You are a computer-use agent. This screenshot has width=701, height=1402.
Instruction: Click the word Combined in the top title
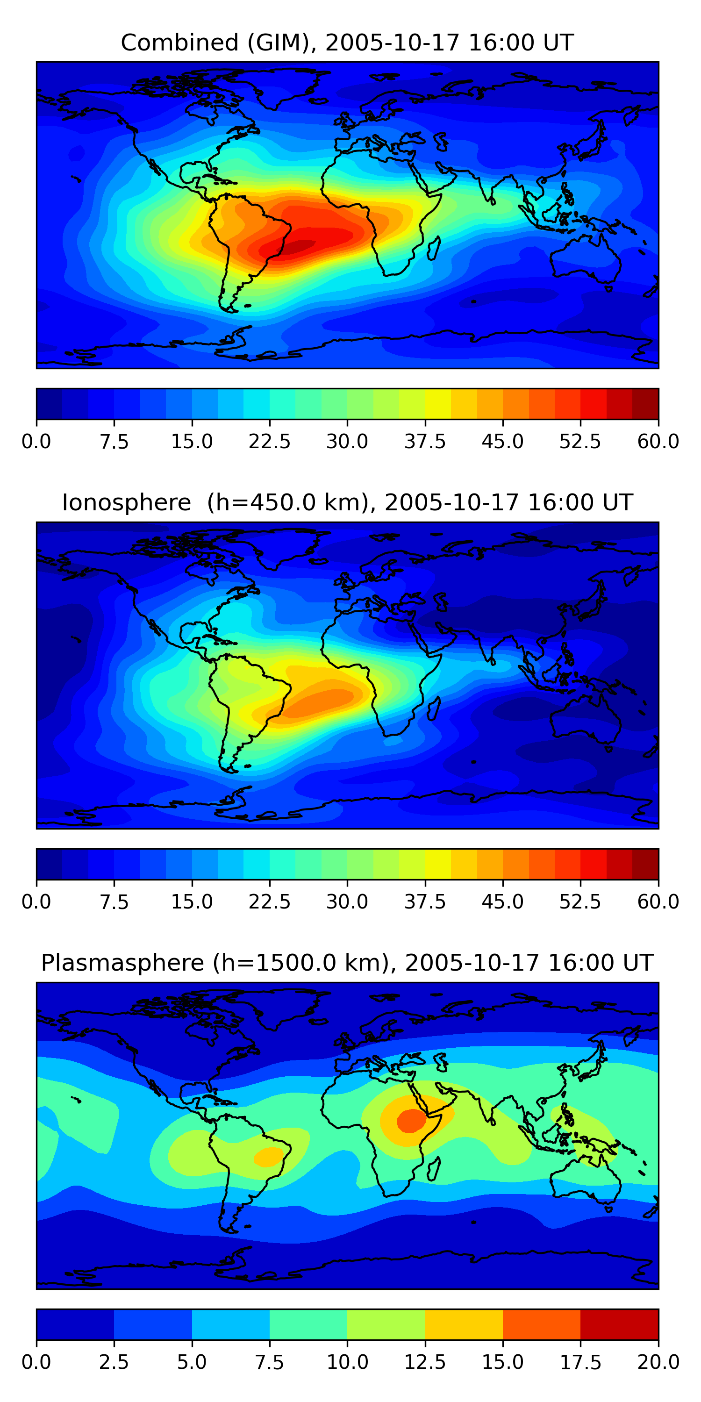point(179,43)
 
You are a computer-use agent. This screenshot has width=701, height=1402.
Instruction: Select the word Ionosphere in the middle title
point(126,502)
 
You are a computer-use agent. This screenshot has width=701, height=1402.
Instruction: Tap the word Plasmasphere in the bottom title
point(122,963)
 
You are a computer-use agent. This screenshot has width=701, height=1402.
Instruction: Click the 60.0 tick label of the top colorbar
point(658,441)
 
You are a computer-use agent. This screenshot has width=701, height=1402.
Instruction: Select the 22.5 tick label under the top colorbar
point(269,441)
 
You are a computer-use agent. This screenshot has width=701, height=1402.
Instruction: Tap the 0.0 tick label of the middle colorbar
point(36,902)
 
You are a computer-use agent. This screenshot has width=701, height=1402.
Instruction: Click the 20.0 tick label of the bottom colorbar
point(658,1362)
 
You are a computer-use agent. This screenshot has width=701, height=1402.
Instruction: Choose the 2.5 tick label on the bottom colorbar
point(114,1362)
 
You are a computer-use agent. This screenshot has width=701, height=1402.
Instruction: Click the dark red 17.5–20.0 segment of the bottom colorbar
point(619,1324)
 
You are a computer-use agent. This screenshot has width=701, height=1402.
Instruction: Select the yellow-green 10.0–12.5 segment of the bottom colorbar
point(386,1324)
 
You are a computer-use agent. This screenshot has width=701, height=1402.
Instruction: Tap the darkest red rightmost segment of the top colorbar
point(645,404)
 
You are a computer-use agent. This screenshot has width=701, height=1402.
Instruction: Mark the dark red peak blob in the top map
point(288,247)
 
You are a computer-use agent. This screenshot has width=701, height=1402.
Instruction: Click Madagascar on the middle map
point(434,708)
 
